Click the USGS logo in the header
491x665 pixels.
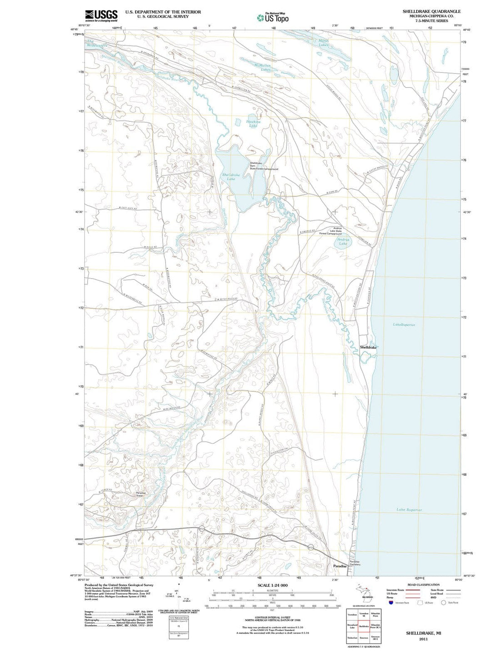[101, 15]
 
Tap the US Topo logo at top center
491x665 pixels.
[272, 18]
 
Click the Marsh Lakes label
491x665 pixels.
[323, 43]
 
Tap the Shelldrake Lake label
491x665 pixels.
[231, 177]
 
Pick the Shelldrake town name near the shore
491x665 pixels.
[368, 347]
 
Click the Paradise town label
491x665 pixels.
[340, 566]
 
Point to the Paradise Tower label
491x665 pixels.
[140, 494]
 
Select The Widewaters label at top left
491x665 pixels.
[97, 44]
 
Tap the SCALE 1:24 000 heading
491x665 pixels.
[272, 585]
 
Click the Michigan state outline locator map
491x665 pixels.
[364, 593]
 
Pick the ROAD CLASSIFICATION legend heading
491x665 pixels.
[423, 585]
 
